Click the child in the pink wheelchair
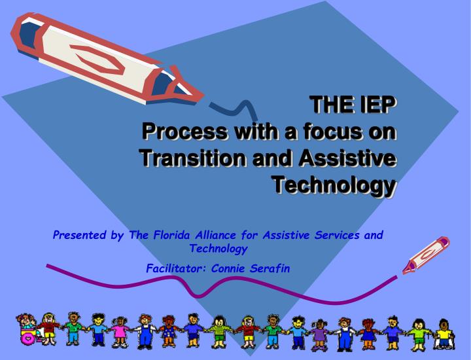pyautogui.click(x=30, y=329)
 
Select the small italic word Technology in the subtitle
pyautogui.click(x=218, y=249)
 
